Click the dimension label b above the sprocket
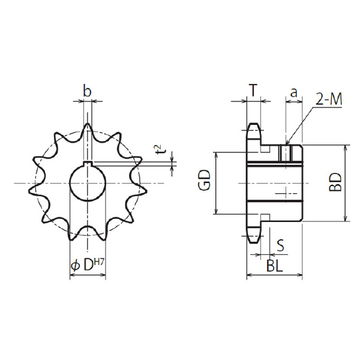(87, 91)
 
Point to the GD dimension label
(205, 180)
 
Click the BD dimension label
(335, 182)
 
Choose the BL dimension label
(275, 266)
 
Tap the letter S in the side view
(280, 245)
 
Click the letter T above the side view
(253, 90)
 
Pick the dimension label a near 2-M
(293, 92)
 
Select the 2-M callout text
(329, 100)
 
